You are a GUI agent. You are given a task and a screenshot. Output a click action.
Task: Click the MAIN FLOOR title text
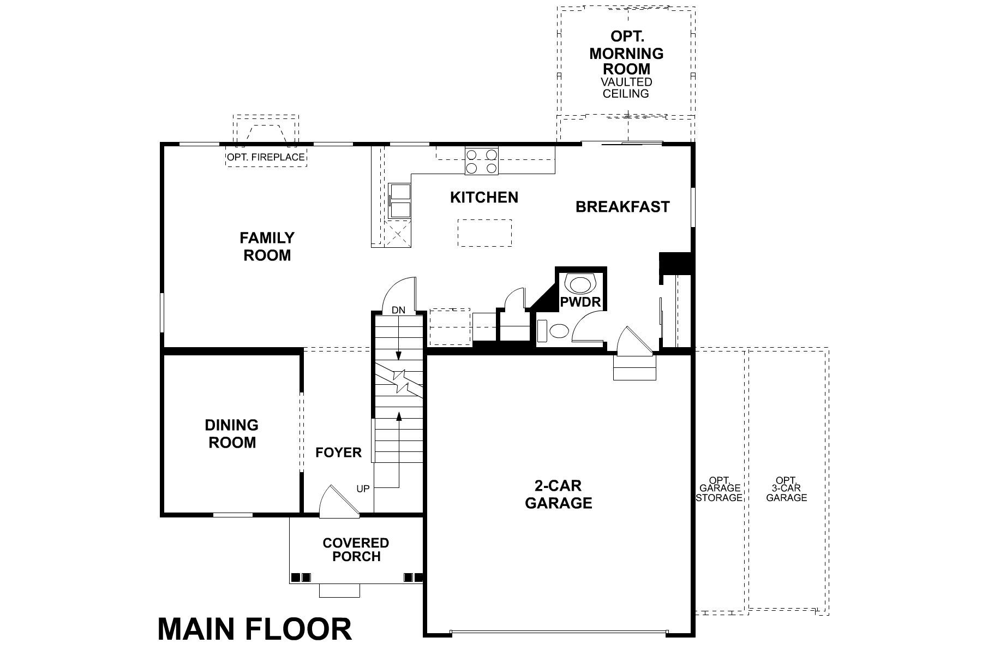255,629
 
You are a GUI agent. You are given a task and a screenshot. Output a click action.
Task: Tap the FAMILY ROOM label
267,247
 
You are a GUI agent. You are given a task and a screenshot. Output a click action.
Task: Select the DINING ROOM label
232,434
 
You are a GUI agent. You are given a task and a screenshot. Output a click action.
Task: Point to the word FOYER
338,452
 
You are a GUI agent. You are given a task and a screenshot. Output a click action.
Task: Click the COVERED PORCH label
356,550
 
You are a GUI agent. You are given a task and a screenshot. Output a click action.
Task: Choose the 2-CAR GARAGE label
558,495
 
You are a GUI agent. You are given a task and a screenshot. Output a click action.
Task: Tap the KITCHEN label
484,197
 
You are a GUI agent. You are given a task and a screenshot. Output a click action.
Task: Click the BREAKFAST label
622,207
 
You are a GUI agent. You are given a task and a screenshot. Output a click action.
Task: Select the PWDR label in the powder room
580,302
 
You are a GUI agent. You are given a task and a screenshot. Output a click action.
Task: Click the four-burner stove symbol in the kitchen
482,161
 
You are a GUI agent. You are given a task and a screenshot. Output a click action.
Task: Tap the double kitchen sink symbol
400,201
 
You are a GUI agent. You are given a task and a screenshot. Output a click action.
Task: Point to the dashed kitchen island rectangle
484,233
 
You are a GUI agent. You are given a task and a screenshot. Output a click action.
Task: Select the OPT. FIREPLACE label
266,158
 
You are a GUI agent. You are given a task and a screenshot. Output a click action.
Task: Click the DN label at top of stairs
398,310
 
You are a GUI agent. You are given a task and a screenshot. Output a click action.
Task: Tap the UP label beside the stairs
363,489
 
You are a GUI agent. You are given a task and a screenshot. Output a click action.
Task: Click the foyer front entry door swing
337,503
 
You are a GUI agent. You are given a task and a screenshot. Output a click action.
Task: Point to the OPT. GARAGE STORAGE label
720,488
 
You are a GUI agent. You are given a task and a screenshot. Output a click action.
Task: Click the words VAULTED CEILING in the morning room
626,88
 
